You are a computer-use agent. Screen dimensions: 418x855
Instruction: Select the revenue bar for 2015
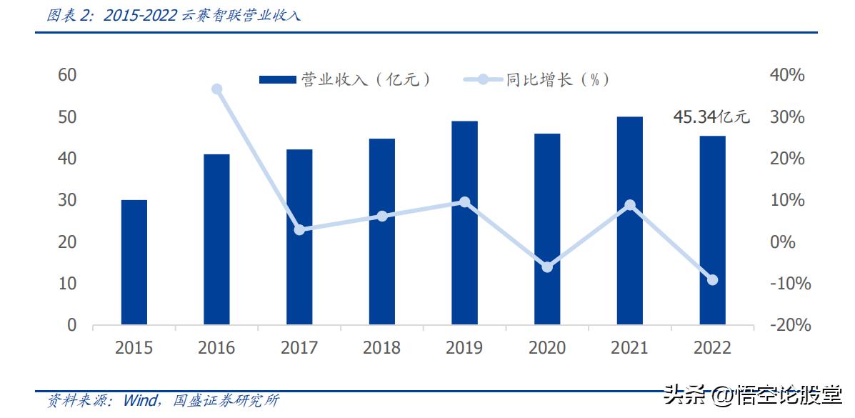134,262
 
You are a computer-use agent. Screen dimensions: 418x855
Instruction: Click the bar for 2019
464,223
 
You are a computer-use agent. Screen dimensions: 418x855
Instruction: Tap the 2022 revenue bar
712,230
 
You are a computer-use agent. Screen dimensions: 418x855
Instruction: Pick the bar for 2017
299,237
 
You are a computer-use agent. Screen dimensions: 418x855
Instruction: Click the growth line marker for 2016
217,89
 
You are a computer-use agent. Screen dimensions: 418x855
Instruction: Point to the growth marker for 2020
547,267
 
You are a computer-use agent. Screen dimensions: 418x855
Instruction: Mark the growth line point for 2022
712,280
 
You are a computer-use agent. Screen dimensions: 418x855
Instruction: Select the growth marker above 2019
464,202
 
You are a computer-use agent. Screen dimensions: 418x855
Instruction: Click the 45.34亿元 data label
711,117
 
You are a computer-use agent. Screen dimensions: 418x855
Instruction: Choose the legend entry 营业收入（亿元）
347,80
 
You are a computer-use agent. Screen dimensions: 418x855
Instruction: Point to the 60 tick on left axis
67,75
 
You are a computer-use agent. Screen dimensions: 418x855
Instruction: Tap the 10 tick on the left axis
67,284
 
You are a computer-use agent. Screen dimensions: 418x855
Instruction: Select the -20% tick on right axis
789,325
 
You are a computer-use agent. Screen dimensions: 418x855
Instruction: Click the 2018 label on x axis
381,348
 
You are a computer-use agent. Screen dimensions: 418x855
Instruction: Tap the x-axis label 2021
629,348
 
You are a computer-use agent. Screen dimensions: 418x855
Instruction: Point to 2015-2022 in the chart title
140,16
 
